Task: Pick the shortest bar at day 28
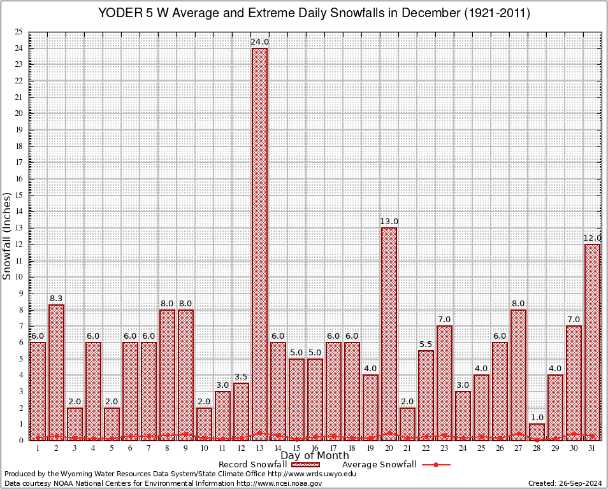(537, 432)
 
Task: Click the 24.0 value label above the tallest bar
(259, 42)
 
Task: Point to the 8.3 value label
(56, 299)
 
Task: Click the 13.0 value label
(389, 222)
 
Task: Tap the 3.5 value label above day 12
(241, 377)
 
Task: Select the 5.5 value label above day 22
(426, 344)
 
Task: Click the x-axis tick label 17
(333, 448)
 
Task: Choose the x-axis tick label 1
(38, 448)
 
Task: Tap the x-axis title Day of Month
(315, 456)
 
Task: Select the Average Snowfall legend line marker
(436, 465)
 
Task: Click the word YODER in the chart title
(119, 13)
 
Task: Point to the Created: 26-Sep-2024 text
(565, 483)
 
